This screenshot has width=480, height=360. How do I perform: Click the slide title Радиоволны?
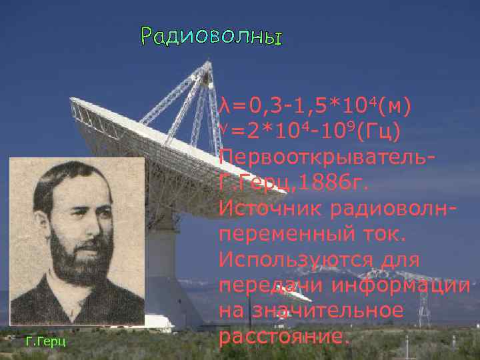tap(211, 37)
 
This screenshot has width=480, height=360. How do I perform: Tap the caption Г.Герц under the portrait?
tap(44, 342)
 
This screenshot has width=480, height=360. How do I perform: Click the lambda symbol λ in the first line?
tap(224, 106)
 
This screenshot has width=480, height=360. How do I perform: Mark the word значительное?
tap(335, 311)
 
